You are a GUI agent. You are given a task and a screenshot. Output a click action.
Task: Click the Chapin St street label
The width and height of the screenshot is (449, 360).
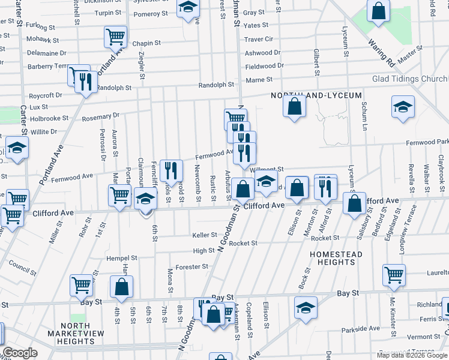tap(146, 43)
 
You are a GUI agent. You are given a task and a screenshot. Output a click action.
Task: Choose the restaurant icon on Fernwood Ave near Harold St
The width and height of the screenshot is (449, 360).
tap(173, 171)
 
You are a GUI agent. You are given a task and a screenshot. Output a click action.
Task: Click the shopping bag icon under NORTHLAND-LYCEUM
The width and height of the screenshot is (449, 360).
tap(295, 107)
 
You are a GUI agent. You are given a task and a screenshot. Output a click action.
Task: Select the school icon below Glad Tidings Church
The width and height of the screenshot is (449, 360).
tap(403, 107)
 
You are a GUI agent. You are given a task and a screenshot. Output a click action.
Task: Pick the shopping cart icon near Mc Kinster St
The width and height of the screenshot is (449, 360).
tap(394, 275)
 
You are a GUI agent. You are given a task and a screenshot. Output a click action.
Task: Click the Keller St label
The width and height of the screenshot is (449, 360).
tap(204, 235)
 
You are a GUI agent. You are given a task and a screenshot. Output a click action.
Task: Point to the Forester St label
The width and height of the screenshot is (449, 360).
tap(191, 266)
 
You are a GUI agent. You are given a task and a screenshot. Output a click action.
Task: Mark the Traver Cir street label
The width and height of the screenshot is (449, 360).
tap(259, 39)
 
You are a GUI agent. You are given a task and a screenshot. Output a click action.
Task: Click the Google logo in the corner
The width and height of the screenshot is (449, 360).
tap(20, 353)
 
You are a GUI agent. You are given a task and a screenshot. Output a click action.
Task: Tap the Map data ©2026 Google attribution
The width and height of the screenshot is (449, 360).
tap(412, 355)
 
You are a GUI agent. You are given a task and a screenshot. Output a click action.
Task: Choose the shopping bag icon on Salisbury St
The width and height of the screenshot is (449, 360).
tap(355, 203)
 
